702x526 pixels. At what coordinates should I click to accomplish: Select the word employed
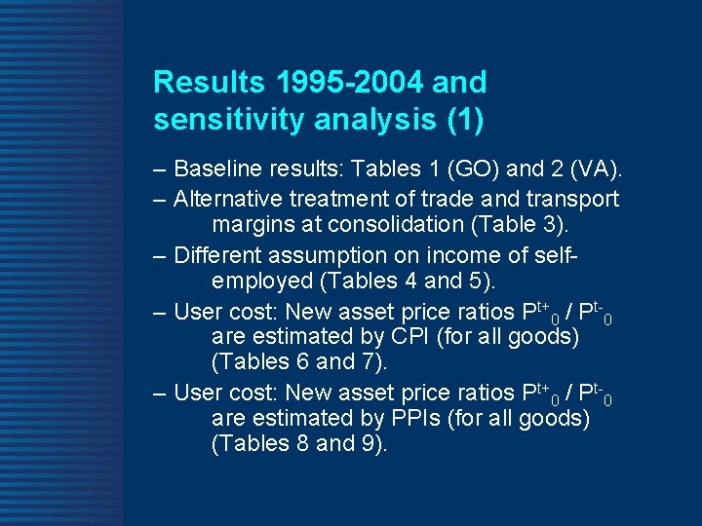(259, 282)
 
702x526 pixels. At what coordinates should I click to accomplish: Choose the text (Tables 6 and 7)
(299, 361)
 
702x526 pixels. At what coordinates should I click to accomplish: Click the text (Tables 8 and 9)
(299, 443)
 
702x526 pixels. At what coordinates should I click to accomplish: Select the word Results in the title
(201, 82)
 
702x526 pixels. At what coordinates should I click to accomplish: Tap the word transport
(572, 199)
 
